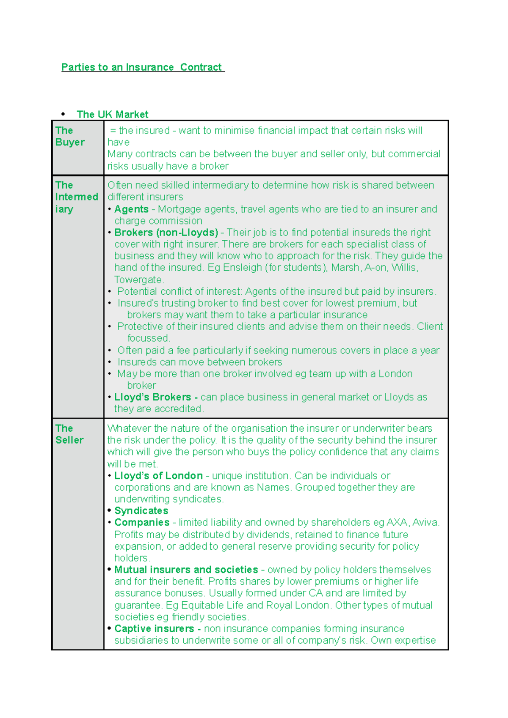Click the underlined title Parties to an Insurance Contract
coord(143,67)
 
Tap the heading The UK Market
coord(112,115)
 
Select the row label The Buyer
coord(70,136)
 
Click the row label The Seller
coord(69,434)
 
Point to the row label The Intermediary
coord(76,197)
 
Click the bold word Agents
coord(131,209)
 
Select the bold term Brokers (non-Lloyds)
coord(166,233)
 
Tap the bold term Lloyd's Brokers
coord(152,397)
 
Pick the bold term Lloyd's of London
coord(158,476)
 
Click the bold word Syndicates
coord(141,511)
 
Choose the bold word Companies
coord(142,523)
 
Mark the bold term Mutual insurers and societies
coord(186,570)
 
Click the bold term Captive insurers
coord(154,629)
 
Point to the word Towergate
coord(138,280)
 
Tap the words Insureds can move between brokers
coord(200,362)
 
